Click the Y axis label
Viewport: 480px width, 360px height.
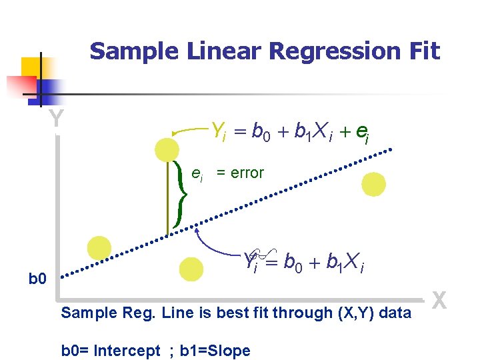pyautogui.click(x=57, y=119)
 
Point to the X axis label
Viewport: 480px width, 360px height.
pyautogui.click(x=439, y=301)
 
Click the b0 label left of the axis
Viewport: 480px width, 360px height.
pyautogui.click(x=38, y=277)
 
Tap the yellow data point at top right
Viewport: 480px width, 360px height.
pyautogui.click(x=373, y=184)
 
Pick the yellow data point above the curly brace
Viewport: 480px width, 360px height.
pyautogui.click(x=167, y=149)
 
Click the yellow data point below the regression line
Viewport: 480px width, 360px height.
pyautogui.click(x=191, y=269)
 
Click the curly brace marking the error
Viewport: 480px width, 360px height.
pyautogui.click(x=179, y=193)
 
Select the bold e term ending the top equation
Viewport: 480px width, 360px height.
pyautogui.click(x=361, y=133)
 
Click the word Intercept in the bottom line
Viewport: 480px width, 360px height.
pyautogui.click(x=129, y=351)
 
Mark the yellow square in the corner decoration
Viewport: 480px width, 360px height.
pyautogui.click(x=31, y=68)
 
